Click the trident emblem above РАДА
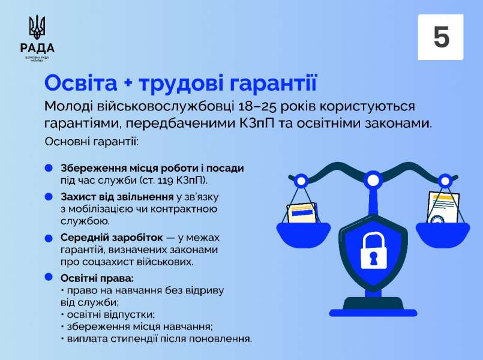(x=37, y=27)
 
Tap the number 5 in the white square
(x=441, y=37)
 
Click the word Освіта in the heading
(x=81, y=83)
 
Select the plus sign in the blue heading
(x=128, y=83)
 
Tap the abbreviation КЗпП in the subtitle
(x=256, y=124)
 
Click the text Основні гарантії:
(x=91, y=142)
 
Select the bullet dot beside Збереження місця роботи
(x=49, y=168)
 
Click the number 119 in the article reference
(x=167, y=181)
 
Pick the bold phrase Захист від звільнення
(x=117, y=197)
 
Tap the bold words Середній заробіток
(x=112, y=238)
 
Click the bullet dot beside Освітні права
(x=49, y=277)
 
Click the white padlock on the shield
(x=373, y=250)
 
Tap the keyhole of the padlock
(x=374, y=258)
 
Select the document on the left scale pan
(x=302, y=212)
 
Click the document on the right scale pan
(x=443, y=207)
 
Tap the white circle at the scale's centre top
(x=373, y=180)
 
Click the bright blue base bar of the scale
(x=373, y=313)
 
